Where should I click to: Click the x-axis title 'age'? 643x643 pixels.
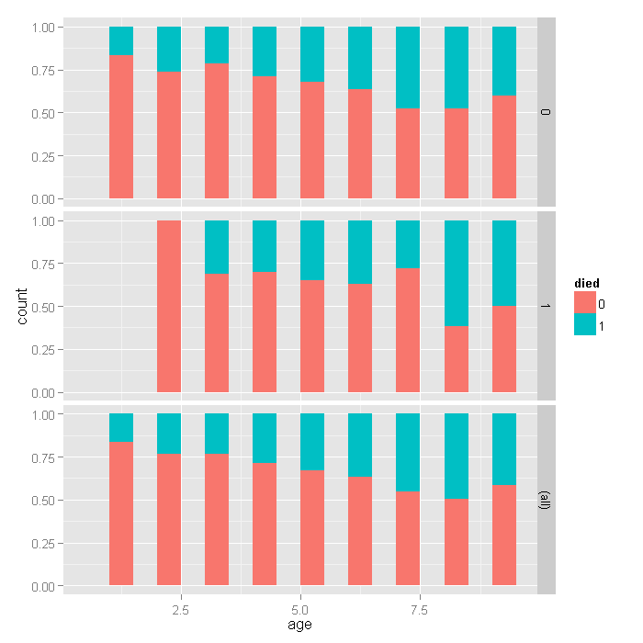[x=299, y=626]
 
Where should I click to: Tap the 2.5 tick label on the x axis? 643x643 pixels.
[x=180, y=609]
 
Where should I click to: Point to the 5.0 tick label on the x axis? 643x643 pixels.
[x=299, y=609]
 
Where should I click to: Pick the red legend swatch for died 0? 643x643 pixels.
[x=585, y=303]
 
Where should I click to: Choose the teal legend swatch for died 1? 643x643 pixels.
[x=585, y=325]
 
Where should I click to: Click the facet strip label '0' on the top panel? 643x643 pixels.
[x=546, y=113]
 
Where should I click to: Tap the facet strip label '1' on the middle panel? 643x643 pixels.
[x=546, y=306]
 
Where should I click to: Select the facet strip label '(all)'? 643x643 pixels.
[x=546, y=500]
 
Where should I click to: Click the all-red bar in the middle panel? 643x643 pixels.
[x=169, y=306]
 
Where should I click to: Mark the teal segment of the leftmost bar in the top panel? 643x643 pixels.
[x=121, y=40]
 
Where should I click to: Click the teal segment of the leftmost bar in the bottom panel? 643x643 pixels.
[x=121, y=427]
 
